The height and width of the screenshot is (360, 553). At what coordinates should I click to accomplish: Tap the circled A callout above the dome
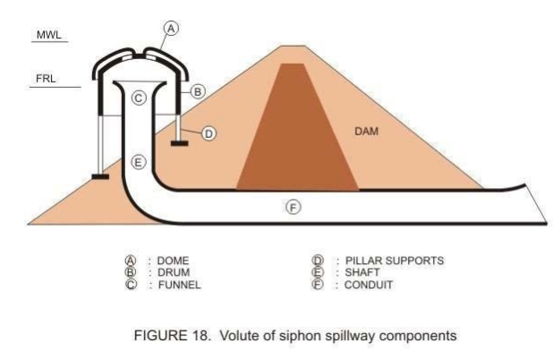(172, 29)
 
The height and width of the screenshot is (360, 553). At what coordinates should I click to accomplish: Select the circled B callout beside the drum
(200, 91)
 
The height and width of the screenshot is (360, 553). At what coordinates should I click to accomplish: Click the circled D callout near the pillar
(208, 133)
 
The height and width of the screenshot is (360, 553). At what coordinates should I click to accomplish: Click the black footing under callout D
(180, 142)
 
